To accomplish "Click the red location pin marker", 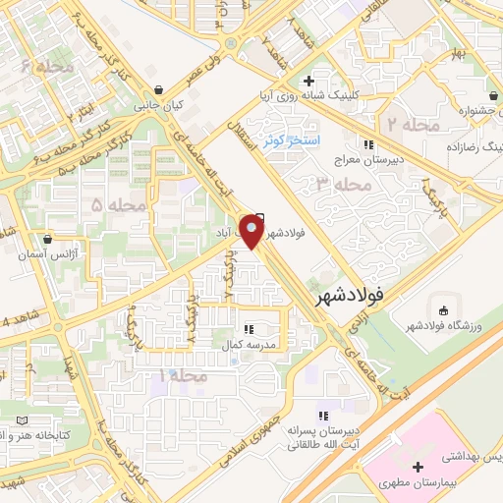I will tap(252, 231).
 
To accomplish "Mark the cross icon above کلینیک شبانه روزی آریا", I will tap(308, 80).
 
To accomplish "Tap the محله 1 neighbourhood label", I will tap(183, 377).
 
